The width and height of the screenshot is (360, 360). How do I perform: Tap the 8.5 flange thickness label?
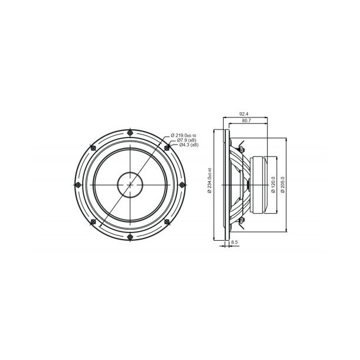(x=234, y=242)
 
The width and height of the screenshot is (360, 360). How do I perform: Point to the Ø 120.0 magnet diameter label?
(x=272, y=185)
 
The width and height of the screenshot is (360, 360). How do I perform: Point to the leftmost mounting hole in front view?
(x=78, y=184)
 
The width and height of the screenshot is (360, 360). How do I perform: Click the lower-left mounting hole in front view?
(x=93, y=221)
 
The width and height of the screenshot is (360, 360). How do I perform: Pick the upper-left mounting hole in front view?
(x=93, y=148)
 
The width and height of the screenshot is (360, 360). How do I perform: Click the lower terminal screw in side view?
(x=241, y=221)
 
